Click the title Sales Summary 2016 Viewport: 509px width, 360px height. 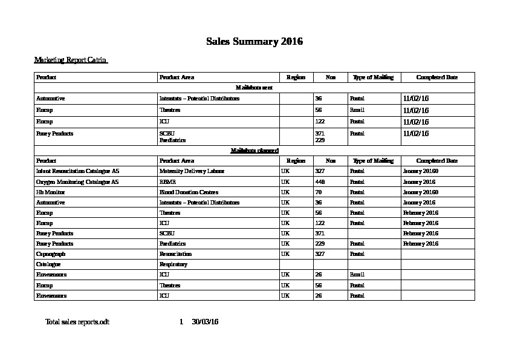tap(254, 42)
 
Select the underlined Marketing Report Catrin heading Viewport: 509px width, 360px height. tap(70, 60)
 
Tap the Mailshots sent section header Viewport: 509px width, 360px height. tap(254, 88)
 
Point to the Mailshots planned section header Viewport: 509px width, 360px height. tap(254, 151)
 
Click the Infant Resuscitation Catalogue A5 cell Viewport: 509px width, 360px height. tap(77, 171)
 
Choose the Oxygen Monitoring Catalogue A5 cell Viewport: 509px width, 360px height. tap(77, 182)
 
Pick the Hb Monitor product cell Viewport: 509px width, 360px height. tap(51, 192)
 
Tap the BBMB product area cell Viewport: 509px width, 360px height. tap(167, 182)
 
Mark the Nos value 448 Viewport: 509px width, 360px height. tap(320, 182)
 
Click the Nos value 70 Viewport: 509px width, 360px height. tap(319, 192)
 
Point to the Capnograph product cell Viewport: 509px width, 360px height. tap(51, 254)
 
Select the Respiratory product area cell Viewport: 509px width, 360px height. tap(173, 264)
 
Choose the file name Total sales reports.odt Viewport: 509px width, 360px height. tap(77, 321)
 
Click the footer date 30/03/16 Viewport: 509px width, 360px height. tap(205, 321)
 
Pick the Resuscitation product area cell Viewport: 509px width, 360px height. tap(175, 254)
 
